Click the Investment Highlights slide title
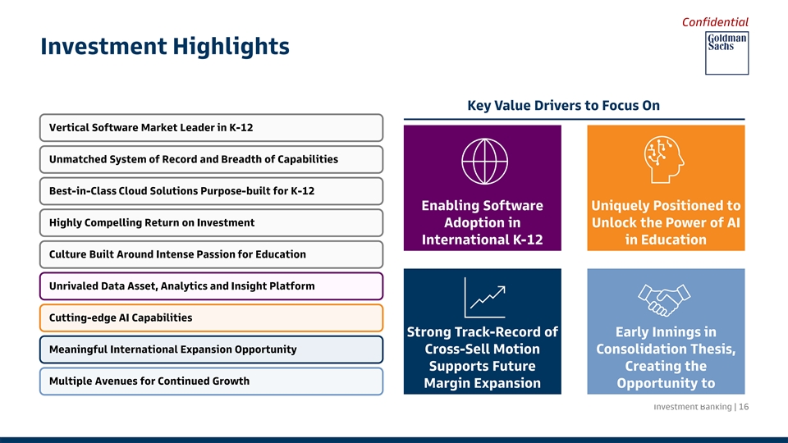(x=165, y=46)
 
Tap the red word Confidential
(x=715, y=22)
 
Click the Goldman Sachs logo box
(x=726, y=53)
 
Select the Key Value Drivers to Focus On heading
(x=563, y=106)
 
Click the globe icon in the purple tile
(x=484, y=162)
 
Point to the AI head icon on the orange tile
(x=664, y=159)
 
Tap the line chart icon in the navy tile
(x=484, y=298)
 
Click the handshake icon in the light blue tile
(x=664, y=300)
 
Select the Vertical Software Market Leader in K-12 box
(x=211, y=128)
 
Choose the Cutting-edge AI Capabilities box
(x=211, y=318)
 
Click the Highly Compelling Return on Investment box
(x=211, y=222)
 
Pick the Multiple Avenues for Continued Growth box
(x=211, y=381)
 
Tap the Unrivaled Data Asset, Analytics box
(x=211, y=286)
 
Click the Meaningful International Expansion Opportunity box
(x=211, y=349)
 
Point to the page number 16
(x=744, y=407)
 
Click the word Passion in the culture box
(x=214, y=254)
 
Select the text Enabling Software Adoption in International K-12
(x=483, y=222)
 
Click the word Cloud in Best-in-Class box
(x=133, y=191)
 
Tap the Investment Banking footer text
(x=693, y=407)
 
